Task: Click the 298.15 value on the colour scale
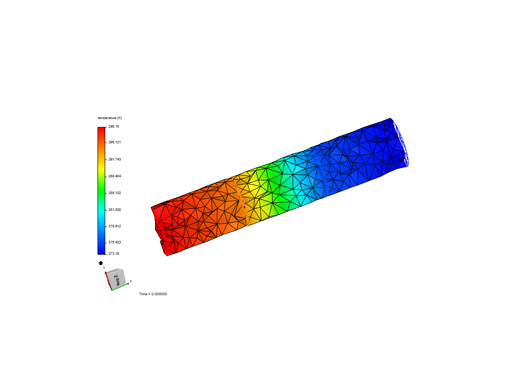click(114, 127)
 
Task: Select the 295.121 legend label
click(115, 142)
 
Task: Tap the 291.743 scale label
click(115, 159)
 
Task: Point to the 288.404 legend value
click(115, 176)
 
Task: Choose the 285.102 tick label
click(115, 193)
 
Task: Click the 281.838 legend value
click(115, 210)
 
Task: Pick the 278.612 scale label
click(115, 226)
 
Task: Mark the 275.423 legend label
click(115, 242)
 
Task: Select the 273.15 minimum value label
click(114, 254)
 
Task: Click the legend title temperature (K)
click(110, 118)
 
